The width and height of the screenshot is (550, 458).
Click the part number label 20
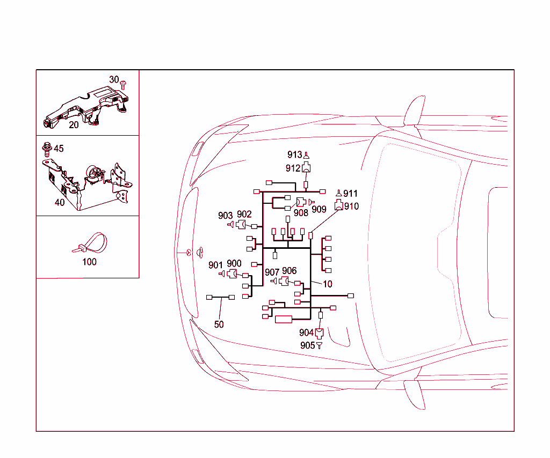[74, 125]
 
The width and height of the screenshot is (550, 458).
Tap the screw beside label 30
[124, 83]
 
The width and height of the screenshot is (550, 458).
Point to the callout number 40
[60, 203]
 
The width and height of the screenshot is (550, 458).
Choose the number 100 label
[90, 262]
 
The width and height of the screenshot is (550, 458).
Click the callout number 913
[294, 156]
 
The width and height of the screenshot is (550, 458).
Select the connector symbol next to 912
[306, 167]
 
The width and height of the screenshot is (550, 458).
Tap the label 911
[351, 194]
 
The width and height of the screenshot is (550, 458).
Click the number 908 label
[301, 213]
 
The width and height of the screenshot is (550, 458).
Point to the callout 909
[319, 209]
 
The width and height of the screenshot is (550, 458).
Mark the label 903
[226, 216]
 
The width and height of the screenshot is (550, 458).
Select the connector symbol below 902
[241, 225]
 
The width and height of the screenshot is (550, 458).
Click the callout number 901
[215, 265]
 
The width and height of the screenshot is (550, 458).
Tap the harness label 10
[328, 284]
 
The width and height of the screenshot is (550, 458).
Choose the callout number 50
[219, 324]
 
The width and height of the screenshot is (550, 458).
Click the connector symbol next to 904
[319, 333]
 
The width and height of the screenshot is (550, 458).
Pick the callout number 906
[290, 271]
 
